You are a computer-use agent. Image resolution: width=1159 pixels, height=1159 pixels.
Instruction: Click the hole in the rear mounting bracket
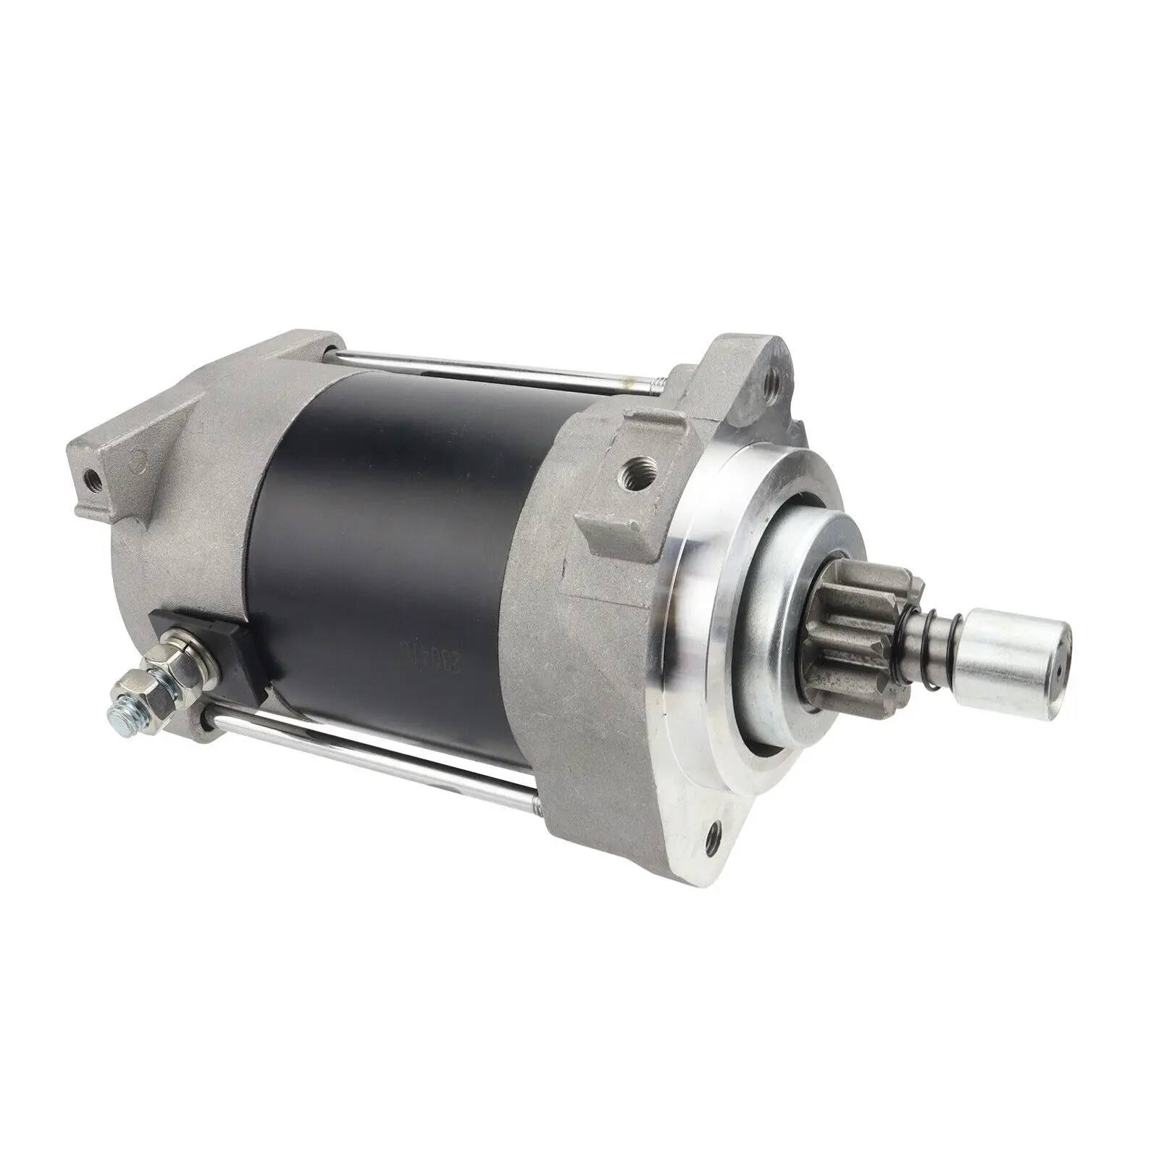[x=91, y=478]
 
